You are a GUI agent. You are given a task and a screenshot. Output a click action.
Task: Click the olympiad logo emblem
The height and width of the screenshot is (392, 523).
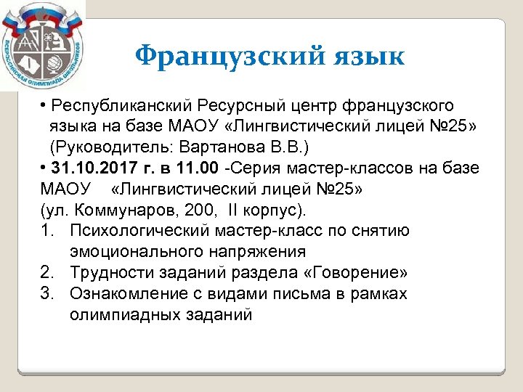pyautogui.click(x=41, y=44)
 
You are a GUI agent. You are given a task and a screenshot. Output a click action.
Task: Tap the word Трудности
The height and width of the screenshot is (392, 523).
pyautogui.click(x=110, y=273)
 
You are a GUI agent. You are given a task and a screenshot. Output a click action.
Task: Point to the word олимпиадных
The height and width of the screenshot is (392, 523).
pyautogui.click(x=116, y=315)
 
